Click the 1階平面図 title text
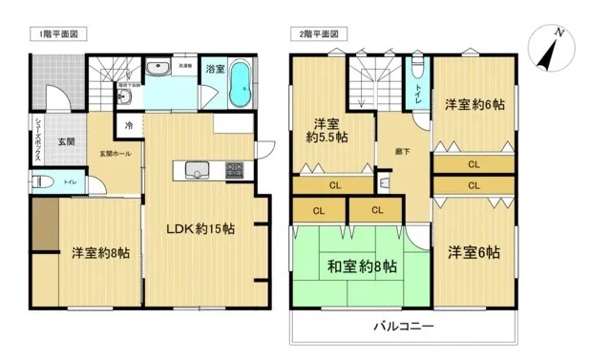58,34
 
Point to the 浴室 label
216,69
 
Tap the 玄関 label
66,141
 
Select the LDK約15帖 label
202,229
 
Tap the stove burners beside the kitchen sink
234,171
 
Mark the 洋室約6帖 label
474,102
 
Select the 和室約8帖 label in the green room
362,267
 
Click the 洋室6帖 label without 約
474,252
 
